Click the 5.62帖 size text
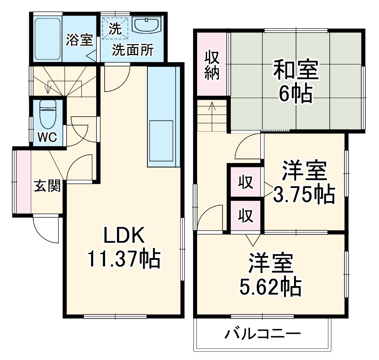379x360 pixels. click(271, 287)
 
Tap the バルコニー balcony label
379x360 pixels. click(262, 333)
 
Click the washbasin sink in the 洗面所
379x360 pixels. click(146, 26)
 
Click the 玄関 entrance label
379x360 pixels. click(47, 186)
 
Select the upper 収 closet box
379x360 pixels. click(245, 181)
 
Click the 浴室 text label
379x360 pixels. click(80, 40)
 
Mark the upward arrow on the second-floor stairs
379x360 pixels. click(212, 108)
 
